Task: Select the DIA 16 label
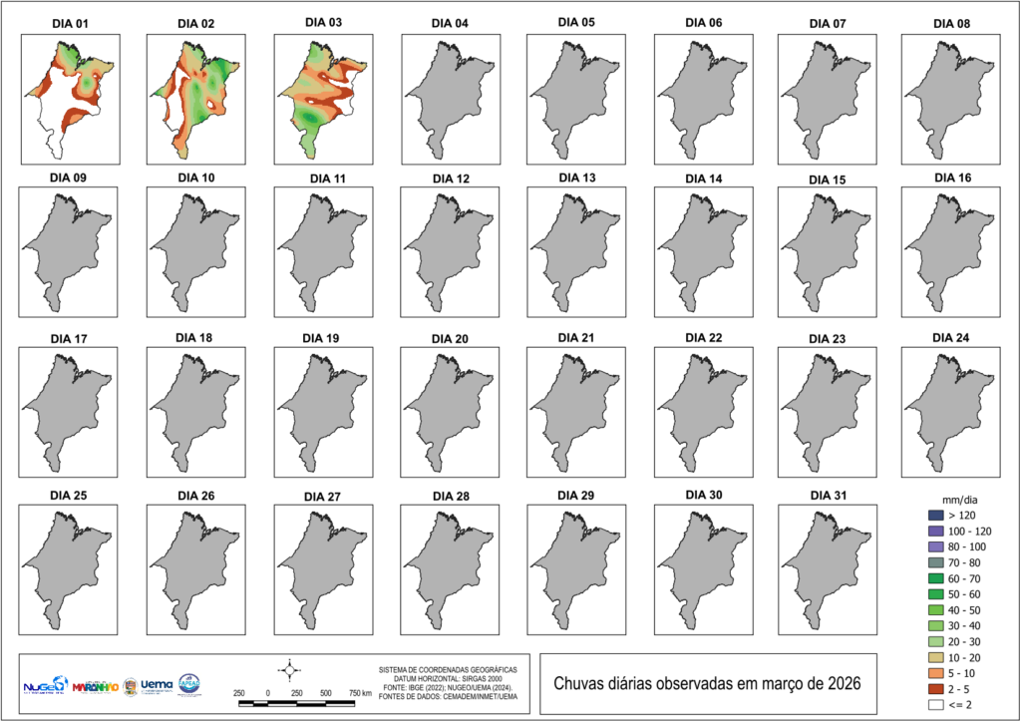952,178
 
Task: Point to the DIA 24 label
952,337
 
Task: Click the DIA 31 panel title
829,496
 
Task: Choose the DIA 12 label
450,179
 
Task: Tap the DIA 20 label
449,339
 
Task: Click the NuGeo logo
44,686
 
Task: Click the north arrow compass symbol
289,669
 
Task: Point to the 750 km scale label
360,692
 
